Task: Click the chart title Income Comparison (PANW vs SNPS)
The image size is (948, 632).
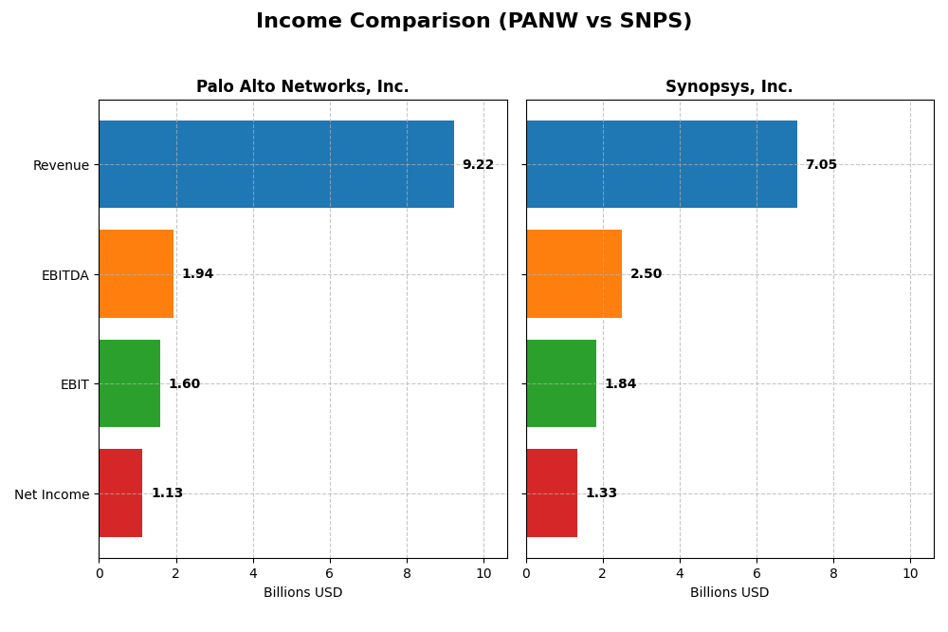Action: (474, 21)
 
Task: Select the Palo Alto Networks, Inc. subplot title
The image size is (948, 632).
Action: (302, 87)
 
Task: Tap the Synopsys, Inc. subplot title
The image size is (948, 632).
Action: (729, 87)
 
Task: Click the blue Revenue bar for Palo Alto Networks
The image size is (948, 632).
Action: (276, 164)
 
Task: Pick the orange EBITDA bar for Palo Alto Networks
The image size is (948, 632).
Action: (137, 274)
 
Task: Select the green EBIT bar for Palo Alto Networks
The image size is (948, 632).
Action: (130, 383)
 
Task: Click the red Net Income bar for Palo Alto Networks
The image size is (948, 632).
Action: (120, 493)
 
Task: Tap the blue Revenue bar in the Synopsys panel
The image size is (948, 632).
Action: (662, 164)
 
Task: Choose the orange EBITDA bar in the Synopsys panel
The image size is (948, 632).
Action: (574, 274)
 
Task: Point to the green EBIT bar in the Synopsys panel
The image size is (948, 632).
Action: (561, 383)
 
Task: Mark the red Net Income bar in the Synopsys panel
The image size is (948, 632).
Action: (552, 493)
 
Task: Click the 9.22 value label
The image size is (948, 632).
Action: (478, 165)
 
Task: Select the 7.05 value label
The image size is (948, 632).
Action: (821, 165)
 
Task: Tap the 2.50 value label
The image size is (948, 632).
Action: (646, 274)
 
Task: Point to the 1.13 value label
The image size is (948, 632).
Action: (167, 493)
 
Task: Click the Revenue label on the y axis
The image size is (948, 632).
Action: (61, 165)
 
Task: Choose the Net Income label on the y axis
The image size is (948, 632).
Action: (52, 494)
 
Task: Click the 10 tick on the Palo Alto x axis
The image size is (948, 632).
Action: (483, 573)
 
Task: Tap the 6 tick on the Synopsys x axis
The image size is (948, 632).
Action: (757, 573)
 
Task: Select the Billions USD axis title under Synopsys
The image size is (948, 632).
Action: (729, 593)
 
